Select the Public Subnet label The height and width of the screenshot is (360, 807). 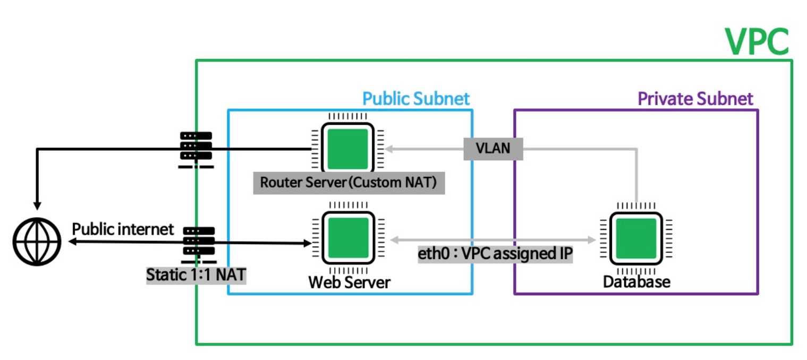[x=416, y=99]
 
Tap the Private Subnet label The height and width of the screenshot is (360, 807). [x=695, y=99]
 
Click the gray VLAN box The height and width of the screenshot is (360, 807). [x=493, y=149]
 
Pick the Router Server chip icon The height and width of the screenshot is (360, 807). [x=347, y=149]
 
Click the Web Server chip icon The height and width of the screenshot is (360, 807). [x=347, y=238]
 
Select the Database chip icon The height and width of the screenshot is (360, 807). [x=635, y=238]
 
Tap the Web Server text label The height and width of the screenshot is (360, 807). [x=349, y=282]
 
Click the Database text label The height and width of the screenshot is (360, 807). [x=636, y=281]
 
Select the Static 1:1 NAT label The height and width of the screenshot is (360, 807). [x=196, y=276]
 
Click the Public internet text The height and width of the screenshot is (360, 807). [x=123, y=229]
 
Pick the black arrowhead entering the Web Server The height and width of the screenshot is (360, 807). [x=307, y=243]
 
